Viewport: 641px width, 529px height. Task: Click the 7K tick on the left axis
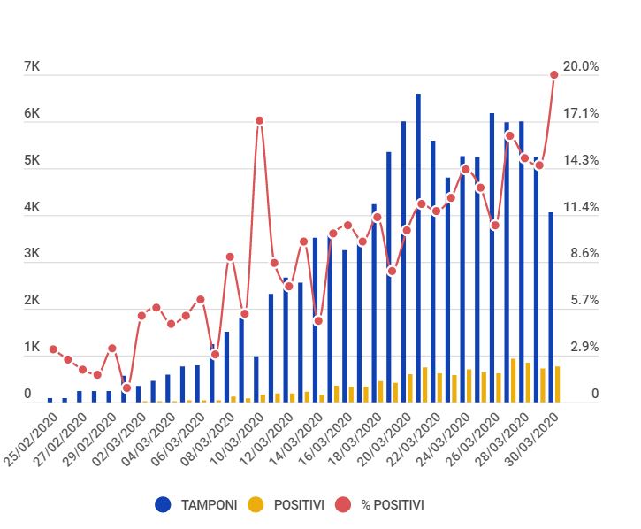pos(32,67)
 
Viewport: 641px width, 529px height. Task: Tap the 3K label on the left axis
pos(32,254)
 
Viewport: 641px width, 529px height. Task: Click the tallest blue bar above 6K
pos(418,248)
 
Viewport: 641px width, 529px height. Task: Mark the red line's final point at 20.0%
pos(554,75)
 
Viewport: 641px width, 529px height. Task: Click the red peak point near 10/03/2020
pos(259,120)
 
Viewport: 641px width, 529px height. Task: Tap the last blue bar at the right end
pos(551,307)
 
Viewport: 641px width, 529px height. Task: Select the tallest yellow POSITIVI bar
pos(514,380)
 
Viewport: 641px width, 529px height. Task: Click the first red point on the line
pos(53,349)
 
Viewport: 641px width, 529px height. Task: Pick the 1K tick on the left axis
pos(32,347)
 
